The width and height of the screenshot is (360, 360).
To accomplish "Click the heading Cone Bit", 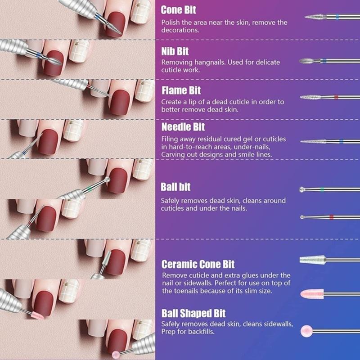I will coord(178,9).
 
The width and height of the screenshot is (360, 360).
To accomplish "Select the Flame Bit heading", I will coord(181,90).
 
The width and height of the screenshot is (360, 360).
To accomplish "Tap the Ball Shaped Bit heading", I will coord(193,313).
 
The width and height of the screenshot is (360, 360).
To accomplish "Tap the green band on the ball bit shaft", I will coord(323,188).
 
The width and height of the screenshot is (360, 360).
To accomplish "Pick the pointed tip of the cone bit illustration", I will coord(306,17).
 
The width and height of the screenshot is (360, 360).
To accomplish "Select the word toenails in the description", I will coord(180,291).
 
